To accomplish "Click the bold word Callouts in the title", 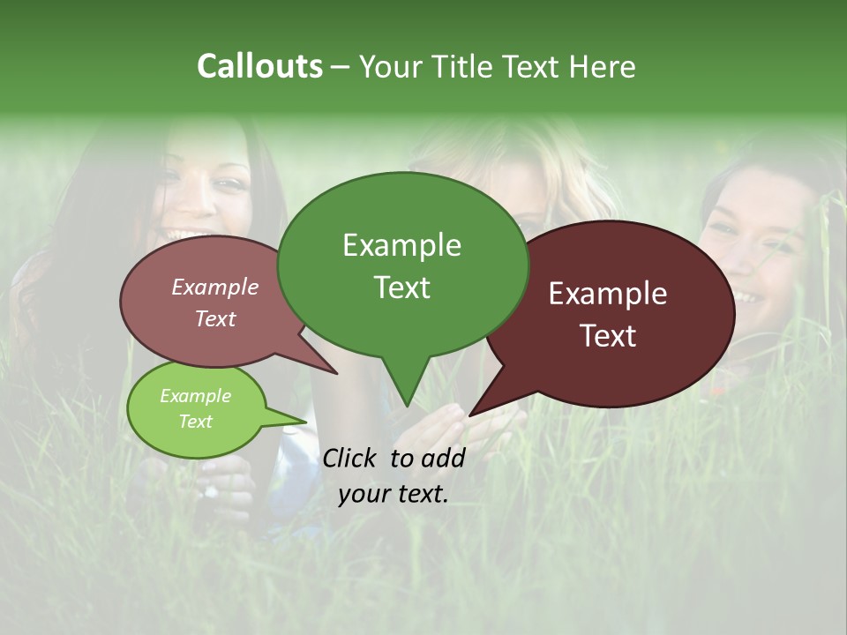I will (x=259, y=66).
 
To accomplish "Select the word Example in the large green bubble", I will (x=401, y=245).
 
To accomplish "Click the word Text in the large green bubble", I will (x=401, y=288).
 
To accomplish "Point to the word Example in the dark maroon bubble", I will (x=608, y=294).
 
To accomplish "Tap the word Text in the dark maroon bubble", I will (x=608, y=336).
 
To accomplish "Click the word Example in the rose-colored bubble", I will (x=215, y=287).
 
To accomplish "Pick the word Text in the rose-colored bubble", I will (x=215, y=318).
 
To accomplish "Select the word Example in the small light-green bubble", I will (x=196, y=396).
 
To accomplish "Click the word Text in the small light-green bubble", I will (x=196, y=422).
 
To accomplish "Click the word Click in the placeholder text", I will (x=351, y=458).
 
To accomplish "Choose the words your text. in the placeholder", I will (x=394, y=494).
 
